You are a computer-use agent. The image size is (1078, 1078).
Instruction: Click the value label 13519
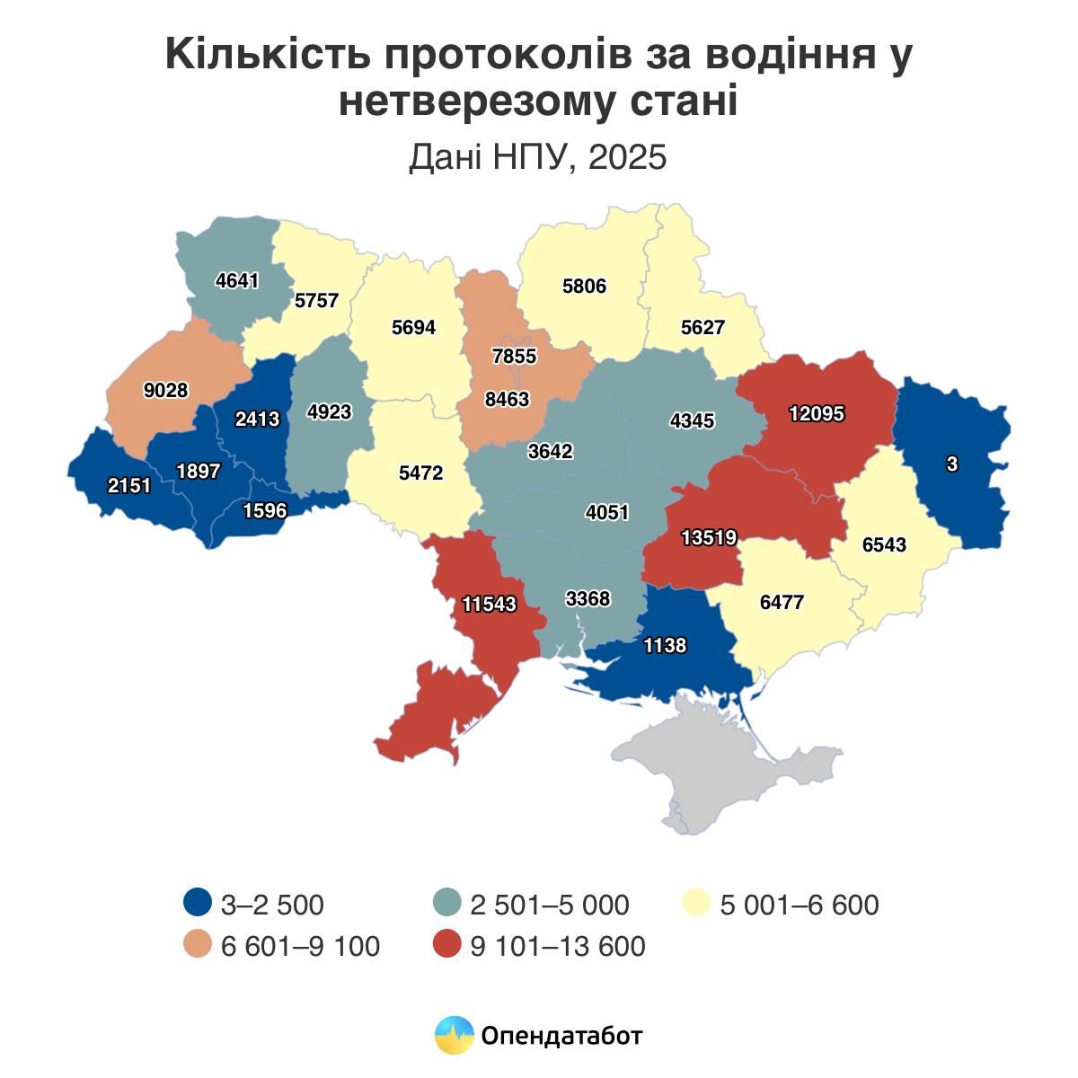click(x=709, y=538)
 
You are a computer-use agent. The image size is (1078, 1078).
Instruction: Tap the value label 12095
click(x=817, y=414)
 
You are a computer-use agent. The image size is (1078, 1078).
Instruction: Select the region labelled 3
click(x=952, y=464)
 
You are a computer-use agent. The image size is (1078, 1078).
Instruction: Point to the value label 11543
click(x=490, y=604)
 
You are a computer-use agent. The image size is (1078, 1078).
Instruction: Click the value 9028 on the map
click(x=165, y=390)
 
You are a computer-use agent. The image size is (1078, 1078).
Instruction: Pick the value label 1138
click(x=665, y=645)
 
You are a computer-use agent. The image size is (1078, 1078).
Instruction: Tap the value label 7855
click(x=514, y=356)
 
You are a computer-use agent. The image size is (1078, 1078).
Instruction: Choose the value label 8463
click(x=507, y=399)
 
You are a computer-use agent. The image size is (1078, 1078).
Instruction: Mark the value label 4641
click(x=237, y=280)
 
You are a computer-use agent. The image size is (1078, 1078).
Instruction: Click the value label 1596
click(x=265, y=510)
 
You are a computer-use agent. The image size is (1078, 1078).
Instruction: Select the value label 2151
click(x=129, y=486)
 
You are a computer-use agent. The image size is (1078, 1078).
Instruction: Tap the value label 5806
click(x=584, y=287)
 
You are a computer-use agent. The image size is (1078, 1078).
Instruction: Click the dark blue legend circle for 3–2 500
click(x=198, y=903)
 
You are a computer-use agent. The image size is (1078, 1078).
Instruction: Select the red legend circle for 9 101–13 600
click(x=446, y=945)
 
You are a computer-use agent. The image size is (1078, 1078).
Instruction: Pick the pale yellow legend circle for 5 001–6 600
click(x=696, y=903)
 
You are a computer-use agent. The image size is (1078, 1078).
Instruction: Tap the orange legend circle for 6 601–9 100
click(x=198, y=945)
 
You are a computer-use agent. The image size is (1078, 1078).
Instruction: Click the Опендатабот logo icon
click(x=454, y=1035)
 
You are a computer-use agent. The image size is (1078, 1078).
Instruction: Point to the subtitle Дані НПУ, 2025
click(x=538, y=157)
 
